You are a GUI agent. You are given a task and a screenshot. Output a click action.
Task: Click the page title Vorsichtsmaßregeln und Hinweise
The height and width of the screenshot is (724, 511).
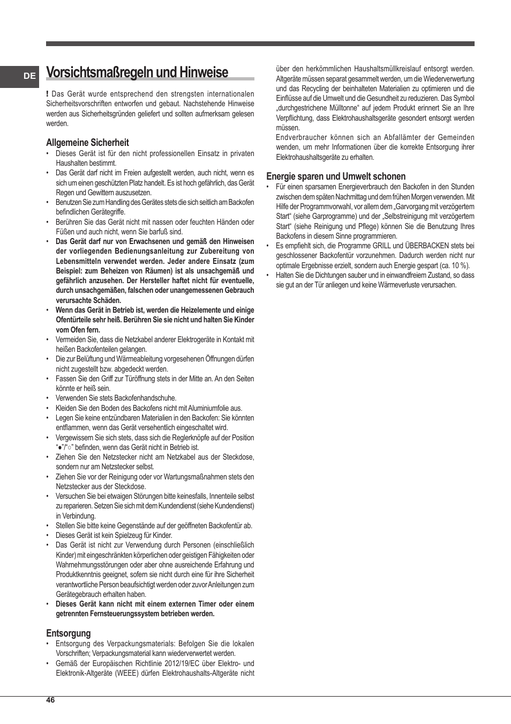137,72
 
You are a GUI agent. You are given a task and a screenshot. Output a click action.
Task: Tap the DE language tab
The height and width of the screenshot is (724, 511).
29,76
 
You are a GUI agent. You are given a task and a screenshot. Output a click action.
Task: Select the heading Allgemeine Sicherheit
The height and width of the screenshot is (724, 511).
87,143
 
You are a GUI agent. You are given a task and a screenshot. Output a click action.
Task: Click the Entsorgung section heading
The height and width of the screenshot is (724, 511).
69,633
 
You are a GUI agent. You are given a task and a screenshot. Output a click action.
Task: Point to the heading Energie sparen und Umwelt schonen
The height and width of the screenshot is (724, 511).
336,176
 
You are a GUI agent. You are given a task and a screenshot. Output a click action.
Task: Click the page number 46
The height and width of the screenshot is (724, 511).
50,700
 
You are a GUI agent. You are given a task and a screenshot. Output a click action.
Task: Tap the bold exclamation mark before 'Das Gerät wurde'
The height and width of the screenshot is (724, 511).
48,94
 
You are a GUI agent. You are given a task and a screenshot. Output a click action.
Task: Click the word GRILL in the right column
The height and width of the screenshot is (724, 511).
381,246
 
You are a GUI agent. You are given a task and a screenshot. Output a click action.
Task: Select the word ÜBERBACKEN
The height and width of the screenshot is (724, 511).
427,246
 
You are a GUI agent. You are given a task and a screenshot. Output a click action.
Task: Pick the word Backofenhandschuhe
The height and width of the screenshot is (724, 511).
141,398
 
